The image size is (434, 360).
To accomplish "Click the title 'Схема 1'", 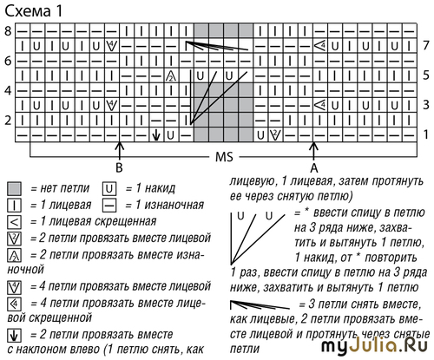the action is [34, 11].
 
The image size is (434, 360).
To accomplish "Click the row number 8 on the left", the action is [9, 30].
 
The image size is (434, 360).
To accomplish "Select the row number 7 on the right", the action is [425, 45].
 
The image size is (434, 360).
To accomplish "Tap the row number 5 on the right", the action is [425, 75].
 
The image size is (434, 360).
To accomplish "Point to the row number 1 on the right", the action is [425, 134].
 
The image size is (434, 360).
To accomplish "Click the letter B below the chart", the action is [119, 167].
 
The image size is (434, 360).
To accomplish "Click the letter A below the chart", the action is [314, 167].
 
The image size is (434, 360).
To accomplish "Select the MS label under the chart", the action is [224, 157].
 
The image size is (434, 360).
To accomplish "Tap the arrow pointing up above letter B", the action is [119, 150].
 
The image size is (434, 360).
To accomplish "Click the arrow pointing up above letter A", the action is [313, 151].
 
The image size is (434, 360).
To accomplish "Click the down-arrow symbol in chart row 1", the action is [156, 134].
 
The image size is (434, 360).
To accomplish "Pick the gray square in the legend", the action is [14, 189].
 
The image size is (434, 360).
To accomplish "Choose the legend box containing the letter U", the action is [109, 189].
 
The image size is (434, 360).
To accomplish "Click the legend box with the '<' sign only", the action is [14, 222].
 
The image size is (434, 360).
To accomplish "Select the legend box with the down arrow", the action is [14, 336].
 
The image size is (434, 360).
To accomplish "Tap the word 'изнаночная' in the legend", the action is [174, 205].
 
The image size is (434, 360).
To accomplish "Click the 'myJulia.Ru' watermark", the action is [374, 345].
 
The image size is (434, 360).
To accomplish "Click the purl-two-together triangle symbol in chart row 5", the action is [171, 75].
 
